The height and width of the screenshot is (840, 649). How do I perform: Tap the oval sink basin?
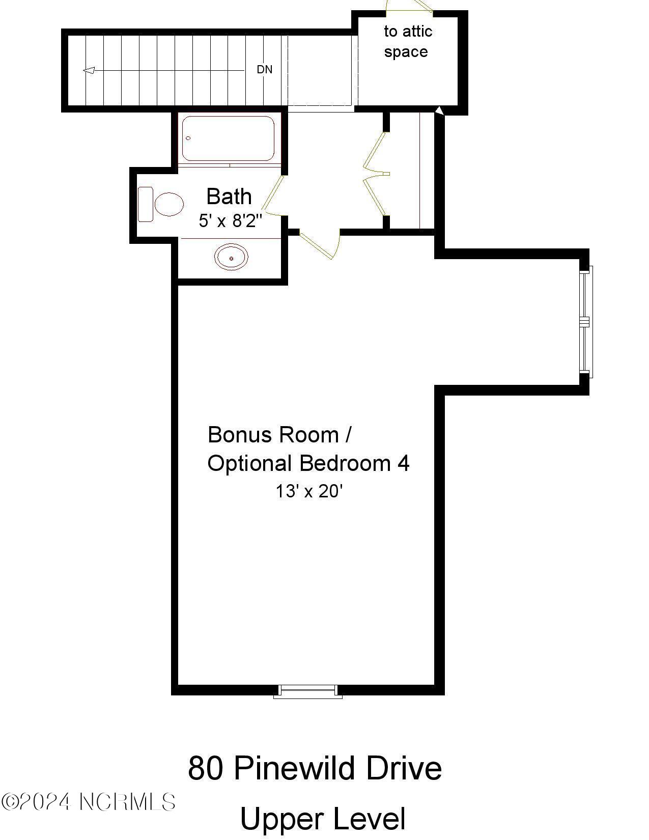231,257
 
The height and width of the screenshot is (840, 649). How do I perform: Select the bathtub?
228,138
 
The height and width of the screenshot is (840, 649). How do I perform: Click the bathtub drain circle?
188,138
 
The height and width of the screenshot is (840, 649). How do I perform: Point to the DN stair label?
264,70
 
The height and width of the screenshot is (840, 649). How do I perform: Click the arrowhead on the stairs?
89,70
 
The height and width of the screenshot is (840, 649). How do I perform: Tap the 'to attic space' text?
407,41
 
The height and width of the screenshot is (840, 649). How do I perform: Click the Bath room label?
229,197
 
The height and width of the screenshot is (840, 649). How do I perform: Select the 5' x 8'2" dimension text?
231,221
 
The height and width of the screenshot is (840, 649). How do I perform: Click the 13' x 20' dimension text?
309,491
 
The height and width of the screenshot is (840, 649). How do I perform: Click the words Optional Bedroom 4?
308,463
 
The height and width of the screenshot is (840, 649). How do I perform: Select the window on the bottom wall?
307,690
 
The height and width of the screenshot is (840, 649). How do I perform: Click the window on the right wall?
585,322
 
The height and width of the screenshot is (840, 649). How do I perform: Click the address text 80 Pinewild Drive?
315,768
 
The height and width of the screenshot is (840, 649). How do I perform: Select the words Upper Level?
322,819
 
